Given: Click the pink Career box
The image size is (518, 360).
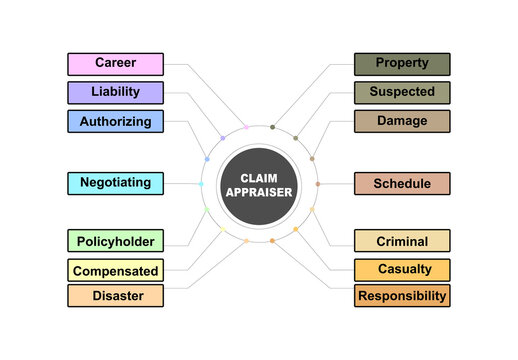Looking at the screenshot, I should pyautogui.click(x=115, y=64).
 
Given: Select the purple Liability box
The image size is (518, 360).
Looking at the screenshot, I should pyautogui.click(x=115, y=93).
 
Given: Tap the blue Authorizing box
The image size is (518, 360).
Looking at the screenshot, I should pyautogui.click(x=115, y=122).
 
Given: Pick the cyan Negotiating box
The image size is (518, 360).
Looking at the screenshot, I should pyautogui.click(x=115, y=183).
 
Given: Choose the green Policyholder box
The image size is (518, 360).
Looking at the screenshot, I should pyautogui.click(x=115, y=241).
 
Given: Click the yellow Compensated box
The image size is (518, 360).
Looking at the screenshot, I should pyautogui.click(x=115, y=270).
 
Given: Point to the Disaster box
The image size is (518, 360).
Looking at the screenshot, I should pyautogui.click(x=115, y=296).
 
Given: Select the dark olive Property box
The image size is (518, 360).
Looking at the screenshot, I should pyautogui.click(x=402, y=64).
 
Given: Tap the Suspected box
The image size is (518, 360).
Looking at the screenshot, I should pyautogui.click(x=402, y=93).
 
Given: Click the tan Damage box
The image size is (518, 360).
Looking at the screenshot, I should pyautogui.click(x=402, y=122).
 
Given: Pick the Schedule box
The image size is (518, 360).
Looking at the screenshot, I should pyautogui.click(x=402, y=184).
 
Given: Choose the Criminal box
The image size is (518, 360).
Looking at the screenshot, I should pyautogui.click(x=402, y=241).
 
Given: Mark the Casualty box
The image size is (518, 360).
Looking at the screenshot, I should pyautogui.click(x=402, y=270).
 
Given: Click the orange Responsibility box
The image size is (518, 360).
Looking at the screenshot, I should pyautogui.click(x=402, y=296).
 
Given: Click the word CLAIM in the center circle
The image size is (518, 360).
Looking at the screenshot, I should pyautogui.click(x=259, y=177).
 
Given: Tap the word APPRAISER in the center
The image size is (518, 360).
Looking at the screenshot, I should pyautogui.click(x=259, y=191).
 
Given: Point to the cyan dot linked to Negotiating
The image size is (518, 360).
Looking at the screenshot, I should pyautogui.click(x=201, y=183).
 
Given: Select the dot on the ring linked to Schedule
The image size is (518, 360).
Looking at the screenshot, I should pyautogui.click(x=318, y=184).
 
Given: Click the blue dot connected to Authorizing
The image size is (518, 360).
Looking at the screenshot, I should pyautogui.click(x=207, y=159).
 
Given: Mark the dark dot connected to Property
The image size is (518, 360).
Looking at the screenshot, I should pyautogui.click(x=272, y=127).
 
